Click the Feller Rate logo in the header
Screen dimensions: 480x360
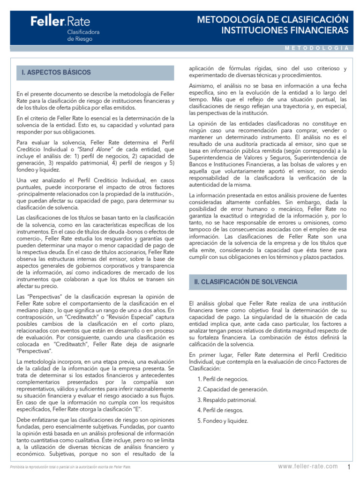coord(60,21)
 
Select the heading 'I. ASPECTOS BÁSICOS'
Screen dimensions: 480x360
coord(56,73)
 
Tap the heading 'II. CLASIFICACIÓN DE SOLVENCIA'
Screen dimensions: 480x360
coord(246,282)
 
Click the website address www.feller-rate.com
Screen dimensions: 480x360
coord(307,466)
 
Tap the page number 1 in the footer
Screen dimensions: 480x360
coord(350,466)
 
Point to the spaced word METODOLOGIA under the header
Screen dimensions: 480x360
coord(316,48)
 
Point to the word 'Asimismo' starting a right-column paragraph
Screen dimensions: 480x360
coord(201,86)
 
